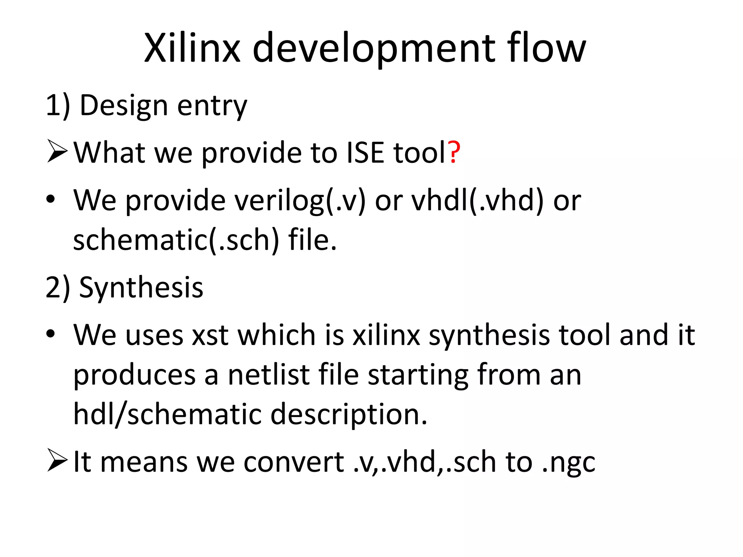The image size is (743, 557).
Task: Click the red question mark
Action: click(454, 152)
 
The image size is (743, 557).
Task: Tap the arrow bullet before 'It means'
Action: click(57, 461)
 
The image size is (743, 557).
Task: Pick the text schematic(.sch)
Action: click(176, 240)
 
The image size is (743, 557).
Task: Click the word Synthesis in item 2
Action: click(141, 287)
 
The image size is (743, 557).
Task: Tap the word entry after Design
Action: click(212, 107)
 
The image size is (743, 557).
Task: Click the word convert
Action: click(293, 462)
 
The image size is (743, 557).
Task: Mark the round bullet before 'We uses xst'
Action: click(50, 333)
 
